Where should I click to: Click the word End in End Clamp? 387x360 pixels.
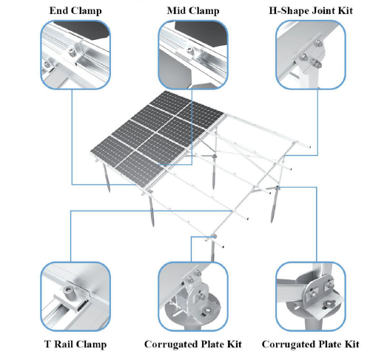(58, 10)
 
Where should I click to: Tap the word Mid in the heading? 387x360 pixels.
(175, 10)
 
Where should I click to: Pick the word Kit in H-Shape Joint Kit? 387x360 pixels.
(346, 10)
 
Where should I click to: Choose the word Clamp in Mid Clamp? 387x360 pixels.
(203, 11)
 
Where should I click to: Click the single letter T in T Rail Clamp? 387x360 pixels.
(48, 344)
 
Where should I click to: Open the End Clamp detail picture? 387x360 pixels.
(75, 55)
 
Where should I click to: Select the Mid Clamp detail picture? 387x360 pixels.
(193, 55)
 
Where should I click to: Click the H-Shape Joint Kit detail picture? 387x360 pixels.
(311, 55)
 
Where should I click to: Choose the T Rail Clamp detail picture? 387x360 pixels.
(75, 296)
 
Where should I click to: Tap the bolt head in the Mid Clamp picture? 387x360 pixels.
(189, 50)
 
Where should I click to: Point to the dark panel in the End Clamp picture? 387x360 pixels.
(84, 30)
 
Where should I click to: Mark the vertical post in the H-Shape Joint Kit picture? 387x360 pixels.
(309, 75)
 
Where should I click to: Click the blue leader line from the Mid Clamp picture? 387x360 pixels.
(192, 127)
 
